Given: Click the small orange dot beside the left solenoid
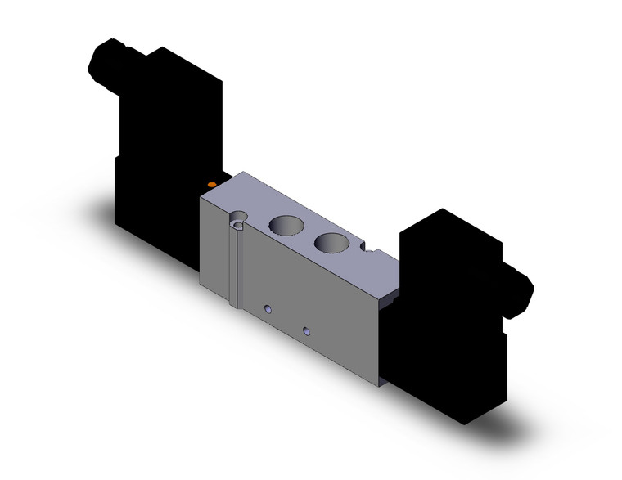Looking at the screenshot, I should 212,186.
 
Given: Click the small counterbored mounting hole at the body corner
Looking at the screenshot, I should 238,218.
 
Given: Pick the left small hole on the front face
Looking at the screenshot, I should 268,308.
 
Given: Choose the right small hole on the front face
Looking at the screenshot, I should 307,331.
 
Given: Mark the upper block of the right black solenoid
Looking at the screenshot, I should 446,245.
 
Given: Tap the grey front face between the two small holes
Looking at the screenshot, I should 287,320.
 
